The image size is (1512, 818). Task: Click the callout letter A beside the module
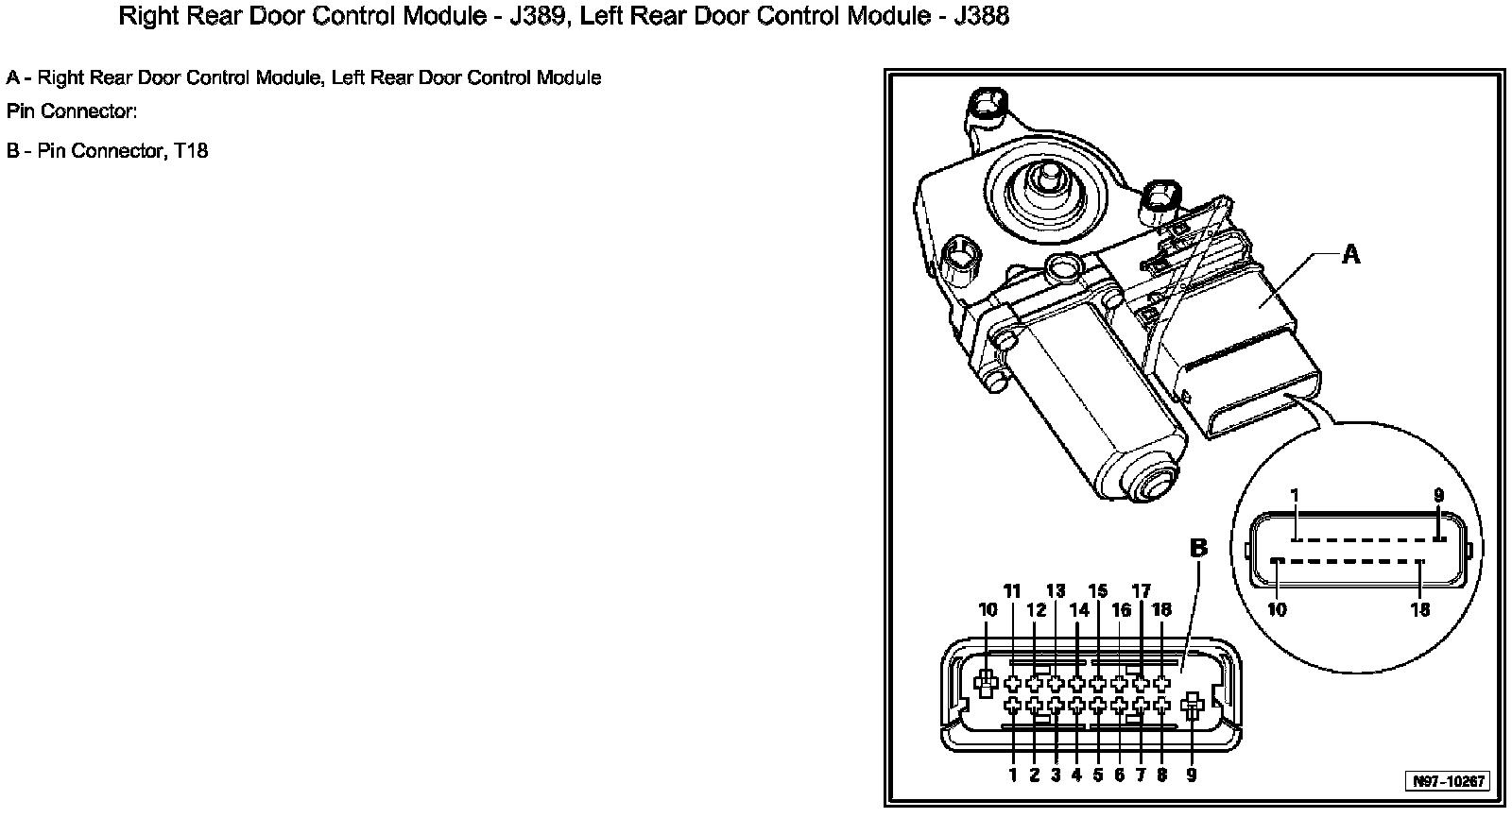pos(1351,254)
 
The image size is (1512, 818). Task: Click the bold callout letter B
pos(1198,549)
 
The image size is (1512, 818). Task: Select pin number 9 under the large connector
pos(1192,775)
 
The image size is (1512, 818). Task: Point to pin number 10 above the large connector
pos(988,610)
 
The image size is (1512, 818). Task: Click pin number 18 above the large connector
pos(1162,610)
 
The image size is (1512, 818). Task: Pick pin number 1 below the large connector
pos(1012,775)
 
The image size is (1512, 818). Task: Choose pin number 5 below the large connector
pos(1098,775)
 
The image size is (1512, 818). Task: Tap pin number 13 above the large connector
pos(1056,591)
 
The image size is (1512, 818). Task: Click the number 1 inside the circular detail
pos(1295,496)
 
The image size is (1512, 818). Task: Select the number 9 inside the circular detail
pos(1438,496)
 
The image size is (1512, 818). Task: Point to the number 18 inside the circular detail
pos(1420,610)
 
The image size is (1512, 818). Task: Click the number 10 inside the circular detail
pos(1277,610)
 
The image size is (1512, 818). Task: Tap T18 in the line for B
pos(190,151)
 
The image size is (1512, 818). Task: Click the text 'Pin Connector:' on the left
pos(72,111)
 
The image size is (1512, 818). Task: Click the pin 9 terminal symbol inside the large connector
pos(1192,704)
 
